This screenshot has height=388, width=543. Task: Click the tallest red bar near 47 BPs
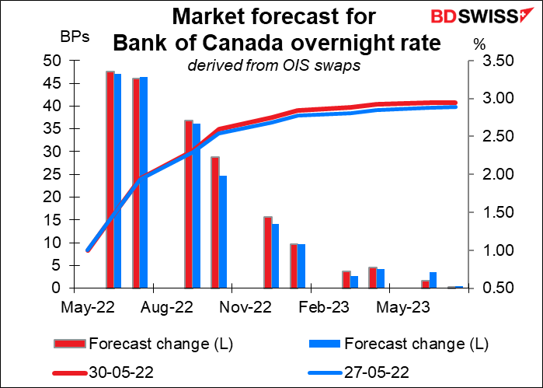(x=110, y=180)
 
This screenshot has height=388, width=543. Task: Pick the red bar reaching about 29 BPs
(x=215, y=222)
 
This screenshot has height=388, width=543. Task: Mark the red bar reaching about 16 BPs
(x=267, y=252)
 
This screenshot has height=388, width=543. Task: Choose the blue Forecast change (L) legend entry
(x=395, y=344)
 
